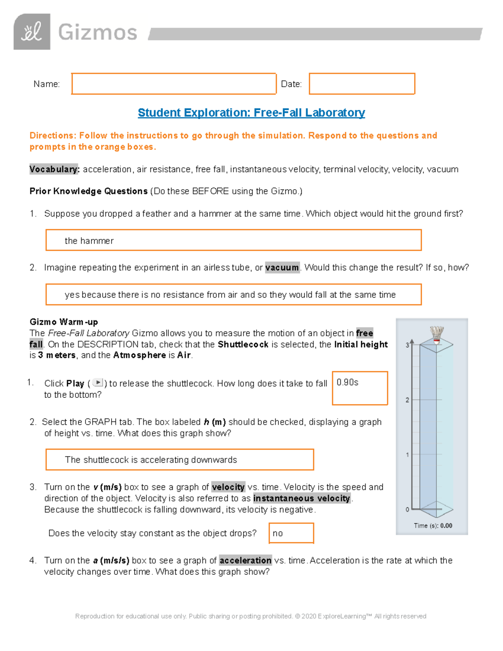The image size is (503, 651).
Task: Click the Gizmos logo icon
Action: (32, 32)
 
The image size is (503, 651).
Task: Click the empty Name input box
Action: (174, 84)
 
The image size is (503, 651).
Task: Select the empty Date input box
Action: (362, 84)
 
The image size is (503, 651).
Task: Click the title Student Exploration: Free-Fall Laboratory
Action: (251, 113)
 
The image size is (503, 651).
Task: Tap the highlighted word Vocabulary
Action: (54, 169)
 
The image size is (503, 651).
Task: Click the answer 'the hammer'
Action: (89, 241)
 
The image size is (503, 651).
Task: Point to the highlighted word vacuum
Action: (282, 267)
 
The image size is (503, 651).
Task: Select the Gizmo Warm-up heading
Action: (64, 322)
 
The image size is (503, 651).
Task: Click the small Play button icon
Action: (97, 383)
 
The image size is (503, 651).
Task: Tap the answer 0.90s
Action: (347, 382)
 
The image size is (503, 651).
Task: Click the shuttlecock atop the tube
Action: (437, 335)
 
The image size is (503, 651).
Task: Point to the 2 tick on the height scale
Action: (407, 400)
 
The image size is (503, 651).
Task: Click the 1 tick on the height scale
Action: (407, 454)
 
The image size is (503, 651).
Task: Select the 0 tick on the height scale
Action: (407, 509)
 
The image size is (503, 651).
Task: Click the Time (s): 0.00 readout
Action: (433, 526)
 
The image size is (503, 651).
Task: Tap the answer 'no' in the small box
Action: (278, 533)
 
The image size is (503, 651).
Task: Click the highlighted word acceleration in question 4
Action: (245, 560)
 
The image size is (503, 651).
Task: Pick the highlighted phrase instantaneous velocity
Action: (301, 498)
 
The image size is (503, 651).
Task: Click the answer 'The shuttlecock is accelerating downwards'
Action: (151, 460)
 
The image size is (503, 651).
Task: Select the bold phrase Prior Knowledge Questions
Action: (88, 191)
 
